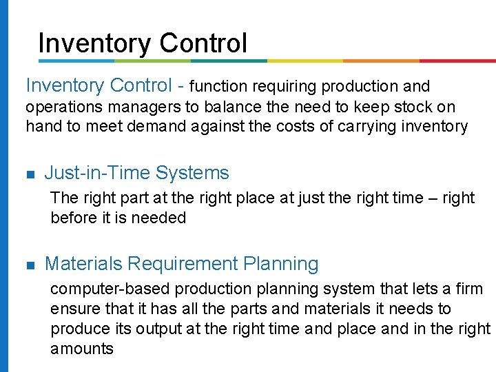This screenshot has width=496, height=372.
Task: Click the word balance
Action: pos(262,107)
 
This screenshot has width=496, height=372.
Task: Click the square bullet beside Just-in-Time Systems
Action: pos(30,174)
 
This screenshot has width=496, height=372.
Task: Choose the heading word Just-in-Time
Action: pos(97,173)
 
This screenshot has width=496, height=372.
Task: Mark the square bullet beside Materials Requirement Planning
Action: pos(30,265)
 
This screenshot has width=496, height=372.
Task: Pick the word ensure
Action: pos(74,309)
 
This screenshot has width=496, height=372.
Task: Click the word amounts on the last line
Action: pos(82,349)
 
